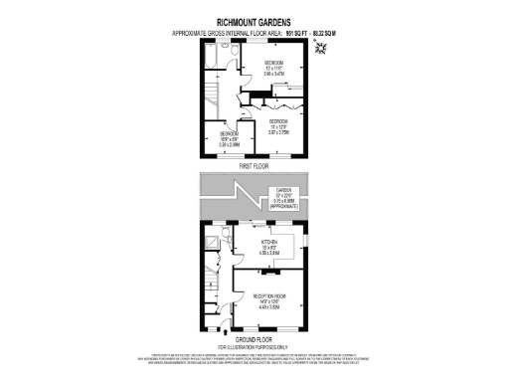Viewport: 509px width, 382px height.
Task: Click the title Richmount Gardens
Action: (254, 19)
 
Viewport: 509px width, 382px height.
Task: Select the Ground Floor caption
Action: (254, 339)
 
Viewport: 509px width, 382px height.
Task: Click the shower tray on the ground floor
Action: (213, 242)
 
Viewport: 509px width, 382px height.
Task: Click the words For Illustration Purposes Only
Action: (254, 346)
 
